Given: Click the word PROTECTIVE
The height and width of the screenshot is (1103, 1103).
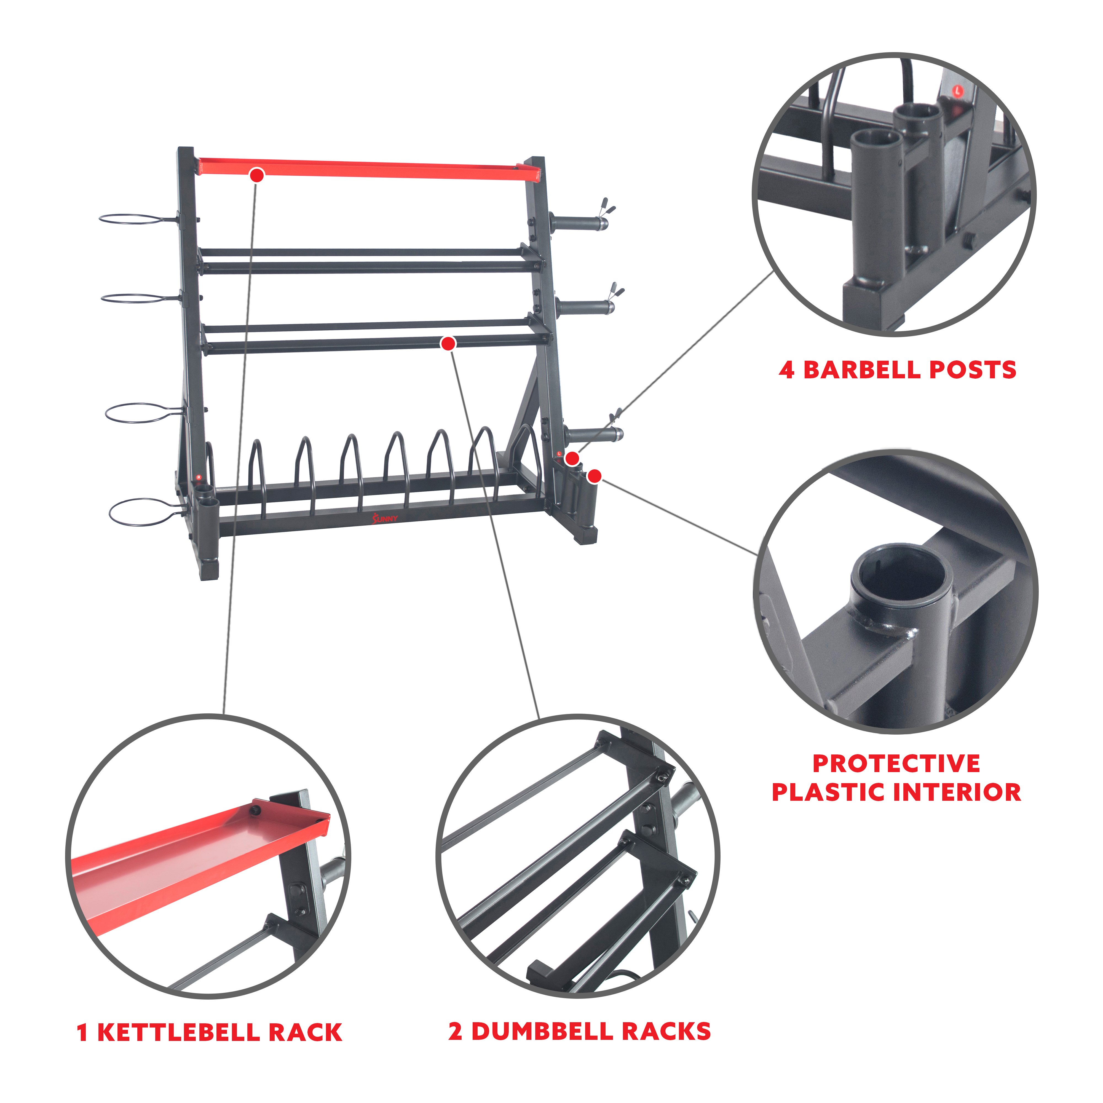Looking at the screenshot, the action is coord(896,764).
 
